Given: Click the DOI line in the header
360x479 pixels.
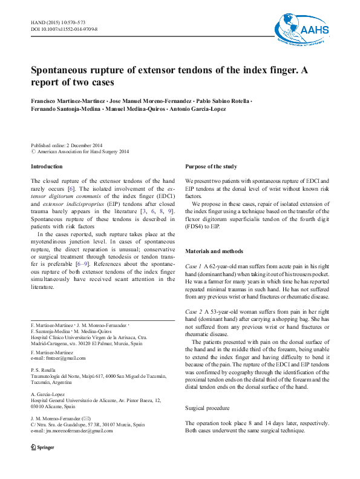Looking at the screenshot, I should click(64, 29).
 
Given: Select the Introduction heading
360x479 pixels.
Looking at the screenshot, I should click(47, 167).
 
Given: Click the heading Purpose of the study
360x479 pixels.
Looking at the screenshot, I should click(211, 167).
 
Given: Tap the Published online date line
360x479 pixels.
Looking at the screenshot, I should click(67, 145).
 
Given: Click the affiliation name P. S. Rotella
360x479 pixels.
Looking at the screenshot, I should click(43, 371).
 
